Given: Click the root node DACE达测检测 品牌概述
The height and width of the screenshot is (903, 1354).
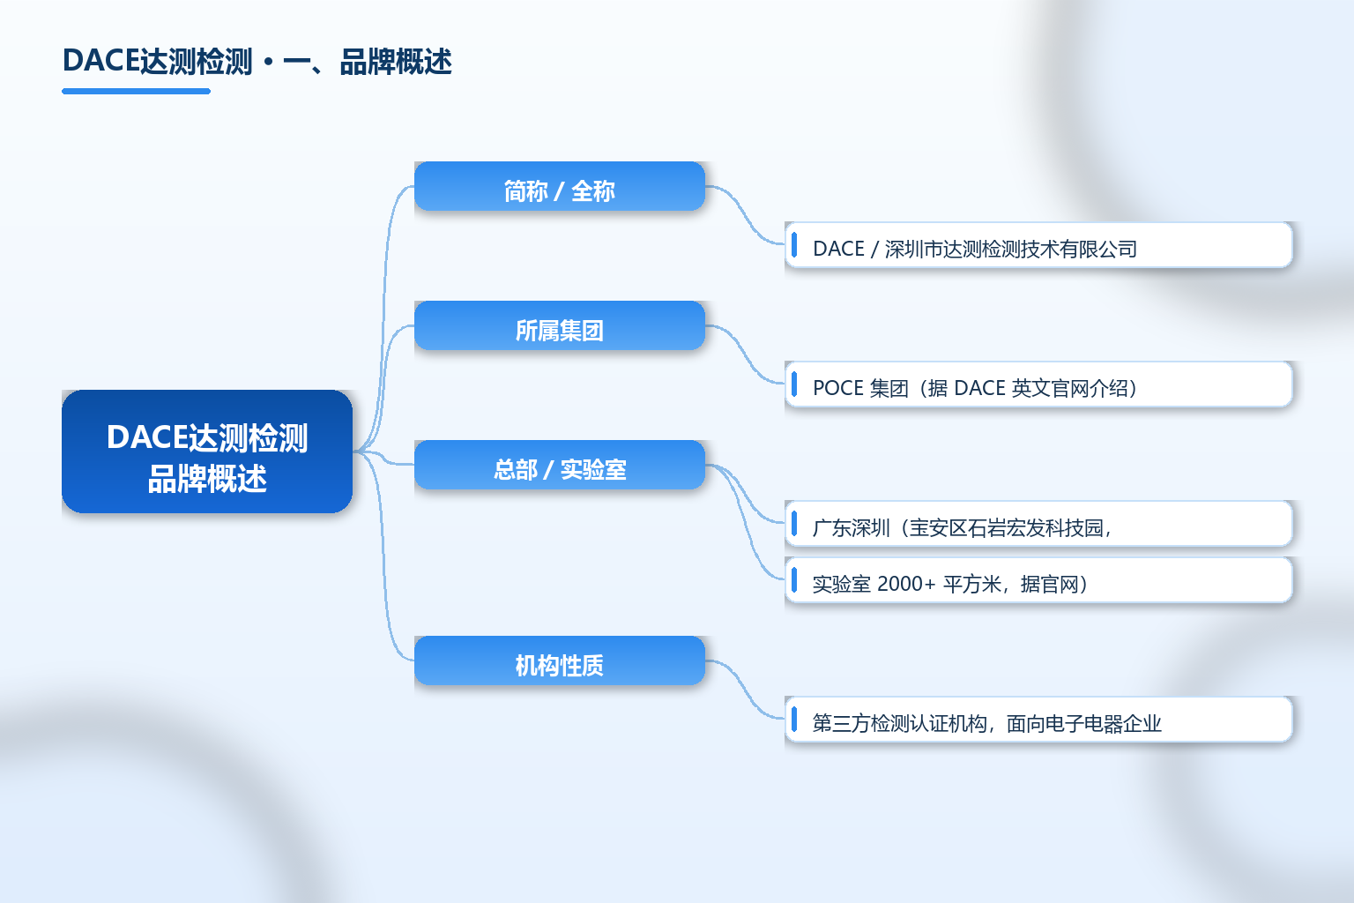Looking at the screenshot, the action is (x=207, y=451).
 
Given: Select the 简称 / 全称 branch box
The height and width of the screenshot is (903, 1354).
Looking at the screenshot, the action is (x=560, y=186).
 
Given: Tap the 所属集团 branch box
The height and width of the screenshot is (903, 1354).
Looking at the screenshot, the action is (x=560, y=325).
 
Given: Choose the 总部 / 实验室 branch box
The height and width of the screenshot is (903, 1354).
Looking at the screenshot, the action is (x=560, y=465).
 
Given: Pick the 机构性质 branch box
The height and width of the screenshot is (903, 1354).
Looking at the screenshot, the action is (x=560, y=660).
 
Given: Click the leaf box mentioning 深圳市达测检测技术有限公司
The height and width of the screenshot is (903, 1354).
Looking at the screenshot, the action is (x=1038, y=245).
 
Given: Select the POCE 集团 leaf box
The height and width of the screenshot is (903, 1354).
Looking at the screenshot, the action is (x=1038, y=384).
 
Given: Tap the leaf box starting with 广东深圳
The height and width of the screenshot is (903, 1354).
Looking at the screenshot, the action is (x=1038, y=524).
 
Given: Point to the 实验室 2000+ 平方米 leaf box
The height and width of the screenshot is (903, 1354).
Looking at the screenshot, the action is (x=1038, y=580).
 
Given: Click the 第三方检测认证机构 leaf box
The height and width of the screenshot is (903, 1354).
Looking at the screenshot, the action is (x=1038, y=719).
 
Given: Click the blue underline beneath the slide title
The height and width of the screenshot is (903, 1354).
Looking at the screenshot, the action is (x=136, y=92).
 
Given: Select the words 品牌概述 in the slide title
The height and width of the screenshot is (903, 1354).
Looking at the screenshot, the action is (x=396, y=62).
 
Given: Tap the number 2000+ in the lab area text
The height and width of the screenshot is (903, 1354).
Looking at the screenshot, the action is (x=906, y=584).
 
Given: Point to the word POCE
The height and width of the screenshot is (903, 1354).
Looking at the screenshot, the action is (x=837, y=388).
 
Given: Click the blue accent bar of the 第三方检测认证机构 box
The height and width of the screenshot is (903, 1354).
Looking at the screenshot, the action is (x=794, y=719).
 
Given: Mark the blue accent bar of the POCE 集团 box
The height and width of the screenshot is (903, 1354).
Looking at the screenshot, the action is (x=794, y=384).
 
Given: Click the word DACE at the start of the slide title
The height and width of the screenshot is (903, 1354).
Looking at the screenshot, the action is (x=101, y=61).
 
